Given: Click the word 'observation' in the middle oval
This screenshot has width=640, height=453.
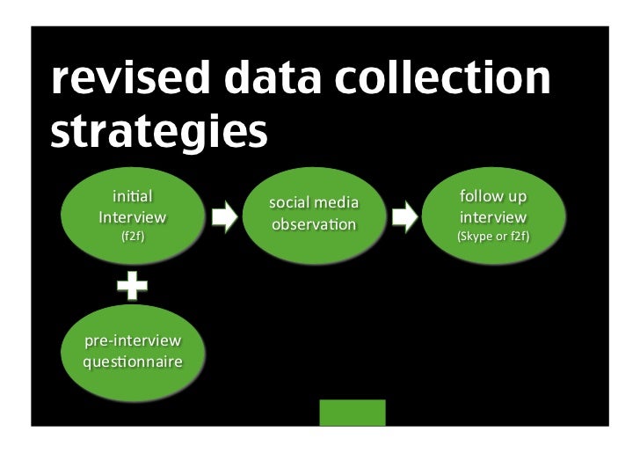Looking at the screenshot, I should (314, 225).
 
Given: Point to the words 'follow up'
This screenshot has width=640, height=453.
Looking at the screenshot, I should (493, 197).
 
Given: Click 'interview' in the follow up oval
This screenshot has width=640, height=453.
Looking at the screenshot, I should (493, 216).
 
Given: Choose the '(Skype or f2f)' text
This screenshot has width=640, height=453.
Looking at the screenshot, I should (493, 236).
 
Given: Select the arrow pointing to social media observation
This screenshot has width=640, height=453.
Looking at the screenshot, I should (225, 217).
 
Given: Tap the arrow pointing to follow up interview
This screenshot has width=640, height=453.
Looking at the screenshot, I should (404, 217).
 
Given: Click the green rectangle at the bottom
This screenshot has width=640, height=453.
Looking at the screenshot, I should (352, 413).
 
